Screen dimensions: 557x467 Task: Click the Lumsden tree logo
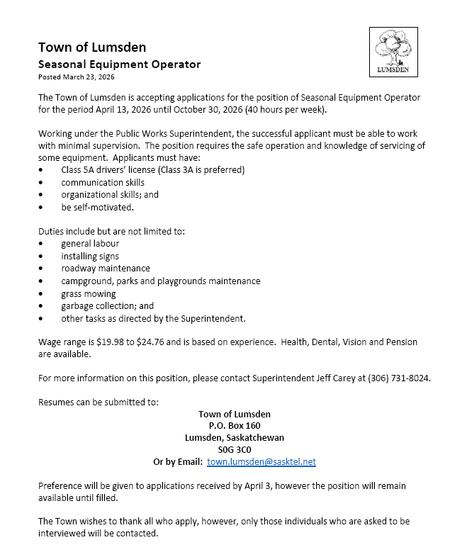pyautogui.click(x=393, y=51)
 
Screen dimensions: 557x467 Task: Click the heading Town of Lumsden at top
pyautogui.click(x=92, y=47)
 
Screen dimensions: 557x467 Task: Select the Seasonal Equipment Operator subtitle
pyautogui.click(x=119, y=64)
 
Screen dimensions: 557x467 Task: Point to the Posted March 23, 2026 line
pyautogui.click(x=77, y=77)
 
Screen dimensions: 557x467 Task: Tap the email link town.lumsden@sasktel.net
pyautogui.click(x=261, y=461)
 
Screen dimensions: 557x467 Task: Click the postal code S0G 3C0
pyautogui.click(x=235, y=449)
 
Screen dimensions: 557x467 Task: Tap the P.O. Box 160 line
pyautogui.click(x=235, y=425)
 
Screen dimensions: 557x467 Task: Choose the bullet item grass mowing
pyautogui.click(x=89, y=293)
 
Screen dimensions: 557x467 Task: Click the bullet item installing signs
pyautogui.click(x=90, y=256)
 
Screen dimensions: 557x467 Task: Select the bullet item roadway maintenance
pyautogui.click(x=106, y=269)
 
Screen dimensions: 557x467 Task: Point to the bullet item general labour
pyautogui.click(x=90, y=244)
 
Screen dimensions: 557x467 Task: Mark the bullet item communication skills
pyautogui.click(x=103, y=182)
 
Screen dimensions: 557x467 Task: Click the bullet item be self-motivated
pyautogui.click(x=97, y=207)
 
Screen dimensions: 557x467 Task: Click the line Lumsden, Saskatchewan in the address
pyautogui.click(x=235, y=437)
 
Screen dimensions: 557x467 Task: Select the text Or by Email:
pyautogui.click(x=177, y=461)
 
